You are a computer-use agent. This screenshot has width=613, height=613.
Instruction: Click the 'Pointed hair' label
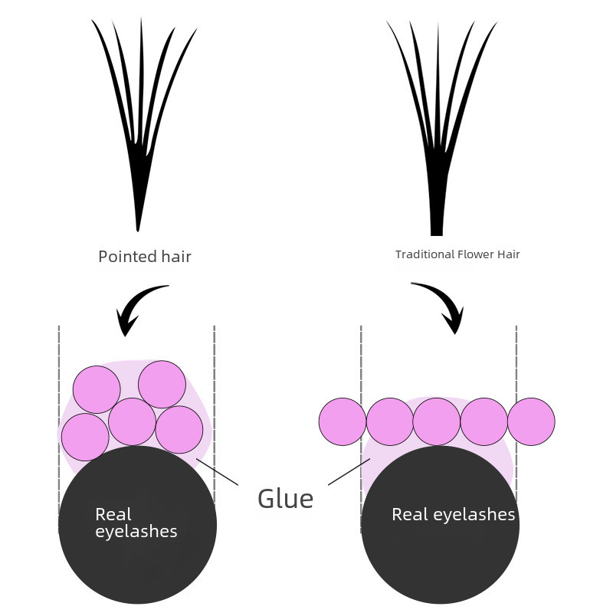click(x=145, y=257)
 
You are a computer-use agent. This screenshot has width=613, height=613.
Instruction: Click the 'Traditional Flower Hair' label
click(x=457, y=254)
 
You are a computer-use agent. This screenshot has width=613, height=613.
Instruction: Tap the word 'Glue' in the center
click(x=286, y=499)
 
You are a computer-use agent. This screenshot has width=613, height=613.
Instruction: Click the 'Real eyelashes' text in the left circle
click(x=136, y=523)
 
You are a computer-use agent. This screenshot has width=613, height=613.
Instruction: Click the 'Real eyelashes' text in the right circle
click(x=453, y=514)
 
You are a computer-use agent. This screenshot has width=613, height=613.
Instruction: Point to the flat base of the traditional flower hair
click(x=437, y=233)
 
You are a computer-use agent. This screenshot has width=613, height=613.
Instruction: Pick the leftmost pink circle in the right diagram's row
click(x=343, y=421)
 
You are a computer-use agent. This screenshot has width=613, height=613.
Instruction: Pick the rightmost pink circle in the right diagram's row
click(x=531, y=421)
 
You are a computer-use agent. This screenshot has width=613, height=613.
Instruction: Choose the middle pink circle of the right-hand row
click(x=437, y=421)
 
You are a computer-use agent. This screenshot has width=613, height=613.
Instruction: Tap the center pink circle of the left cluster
click(x=133, y=421)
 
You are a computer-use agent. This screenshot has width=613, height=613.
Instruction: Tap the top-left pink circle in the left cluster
click(x=97, y=389)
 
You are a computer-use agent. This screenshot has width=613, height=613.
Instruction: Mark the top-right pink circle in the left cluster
click(x=162, y=384)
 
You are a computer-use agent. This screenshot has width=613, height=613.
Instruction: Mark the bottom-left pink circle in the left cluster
click(x=85, y=437)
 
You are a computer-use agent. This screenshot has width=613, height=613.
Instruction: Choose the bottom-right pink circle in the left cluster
click(x=179, y=429)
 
